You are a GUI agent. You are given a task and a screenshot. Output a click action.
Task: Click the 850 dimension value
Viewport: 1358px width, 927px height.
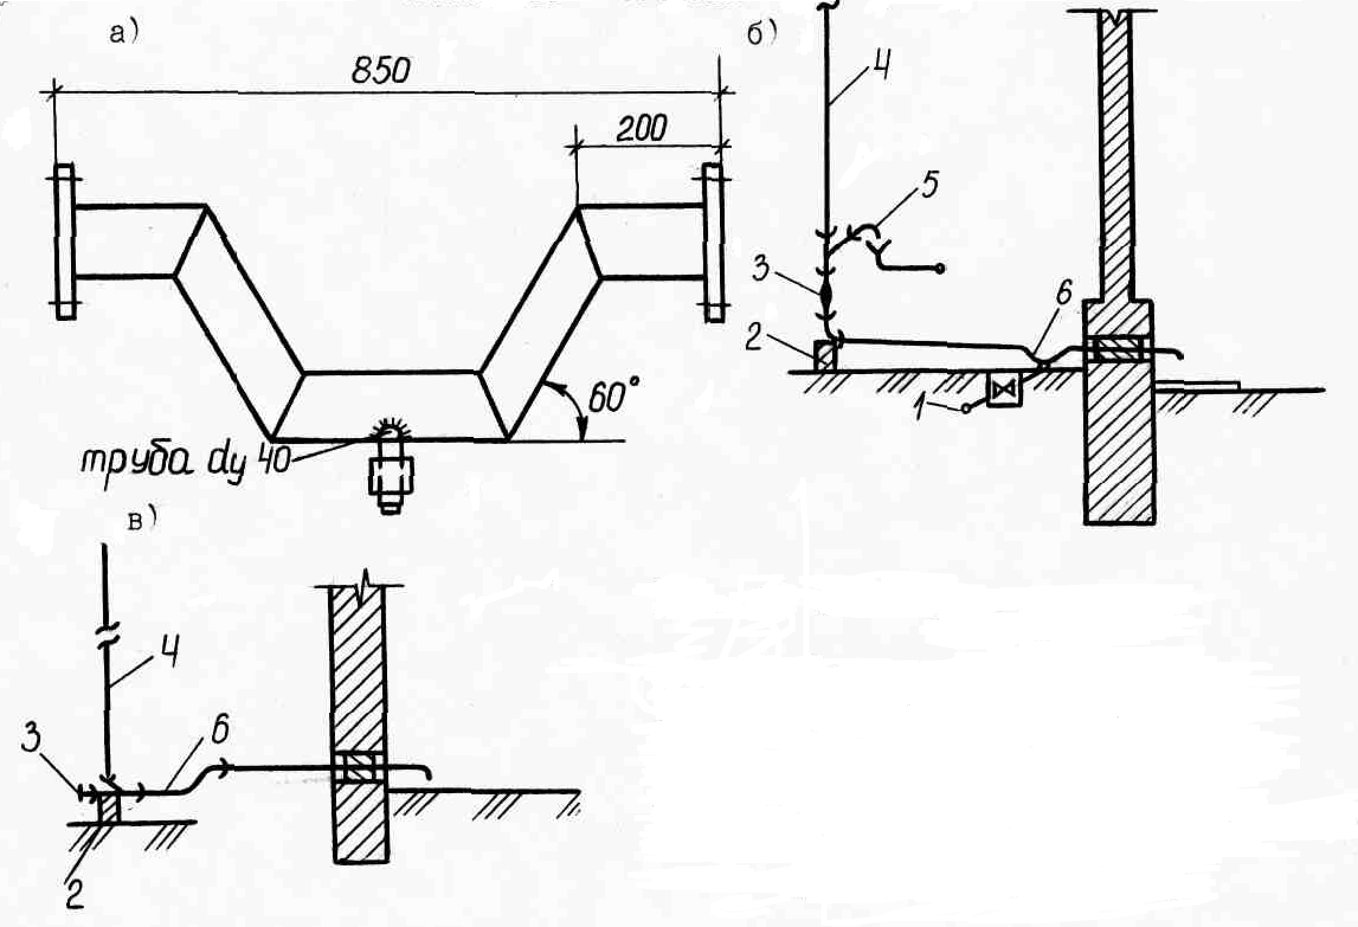point(381,71)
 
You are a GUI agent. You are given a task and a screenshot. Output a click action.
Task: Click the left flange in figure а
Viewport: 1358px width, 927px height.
point(66,242)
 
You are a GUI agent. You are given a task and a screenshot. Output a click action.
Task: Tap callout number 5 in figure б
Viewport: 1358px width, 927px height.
point(929,185)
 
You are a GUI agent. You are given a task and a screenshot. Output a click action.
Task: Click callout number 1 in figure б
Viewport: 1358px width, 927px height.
point(918,408)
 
